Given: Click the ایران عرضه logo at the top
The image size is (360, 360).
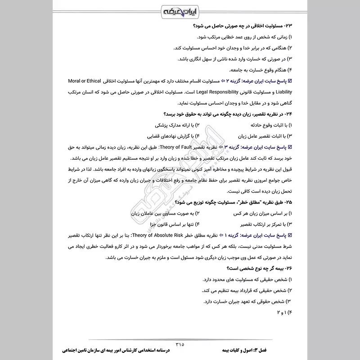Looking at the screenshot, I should click(180, 10).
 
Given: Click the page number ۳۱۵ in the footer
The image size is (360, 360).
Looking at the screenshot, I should click(180, 344).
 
